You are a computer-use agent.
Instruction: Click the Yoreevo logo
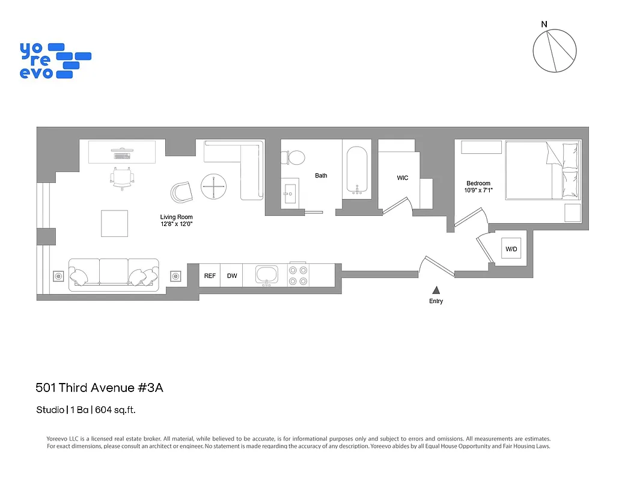(x=55, y=60)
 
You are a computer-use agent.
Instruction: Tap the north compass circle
(x=555, y=51)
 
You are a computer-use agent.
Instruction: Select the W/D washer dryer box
(x=511, y=248)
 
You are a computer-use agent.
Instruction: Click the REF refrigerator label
(x=210, y=276)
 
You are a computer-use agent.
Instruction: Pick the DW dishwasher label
(x=231, y=276)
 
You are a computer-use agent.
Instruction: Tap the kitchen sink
(x=267, y=275)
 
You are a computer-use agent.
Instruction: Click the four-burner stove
(x=298, y=275)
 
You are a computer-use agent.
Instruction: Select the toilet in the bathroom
(x=294, y=158)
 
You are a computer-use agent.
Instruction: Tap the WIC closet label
(x=403, y=178)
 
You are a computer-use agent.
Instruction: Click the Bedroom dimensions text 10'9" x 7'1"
(x=479, y=191)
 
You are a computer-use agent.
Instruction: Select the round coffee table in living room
(x=214, y=187)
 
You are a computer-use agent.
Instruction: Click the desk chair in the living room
(x=122, y=176)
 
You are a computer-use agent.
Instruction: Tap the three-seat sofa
(x=114, y=275)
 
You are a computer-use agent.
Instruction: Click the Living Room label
(x=176, y=217)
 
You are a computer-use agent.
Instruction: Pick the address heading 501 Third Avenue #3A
(x=99, y=388)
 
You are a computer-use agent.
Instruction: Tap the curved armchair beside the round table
(x=180, y=192)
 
